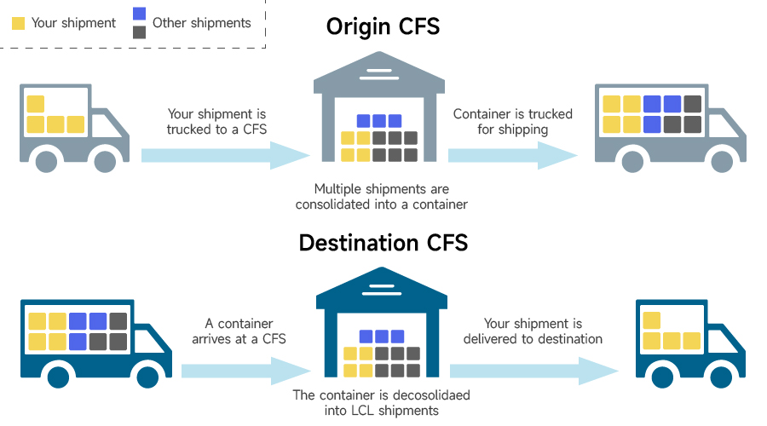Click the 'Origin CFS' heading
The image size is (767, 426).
point(383,26)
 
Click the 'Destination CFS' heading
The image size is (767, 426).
point(383,243)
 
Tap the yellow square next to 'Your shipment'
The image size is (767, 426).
point(18,24)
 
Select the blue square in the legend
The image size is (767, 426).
point(139,14)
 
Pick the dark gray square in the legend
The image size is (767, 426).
point(139,32)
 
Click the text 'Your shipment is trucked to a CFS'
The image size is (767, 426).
point(216,122)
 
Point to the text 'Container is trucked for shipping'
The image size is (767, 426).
point(512,122)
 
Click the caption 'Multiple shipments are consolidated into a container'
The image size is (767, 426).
point(381,197)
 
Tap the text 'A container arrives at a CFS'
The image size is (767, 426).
point(239,331)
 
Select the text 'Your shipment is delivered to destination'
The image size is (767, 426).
point(533,331)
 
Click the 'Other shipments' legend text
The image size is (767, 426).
point(202,23)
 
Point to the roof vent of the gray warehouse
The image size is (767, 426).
point(379,67)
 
